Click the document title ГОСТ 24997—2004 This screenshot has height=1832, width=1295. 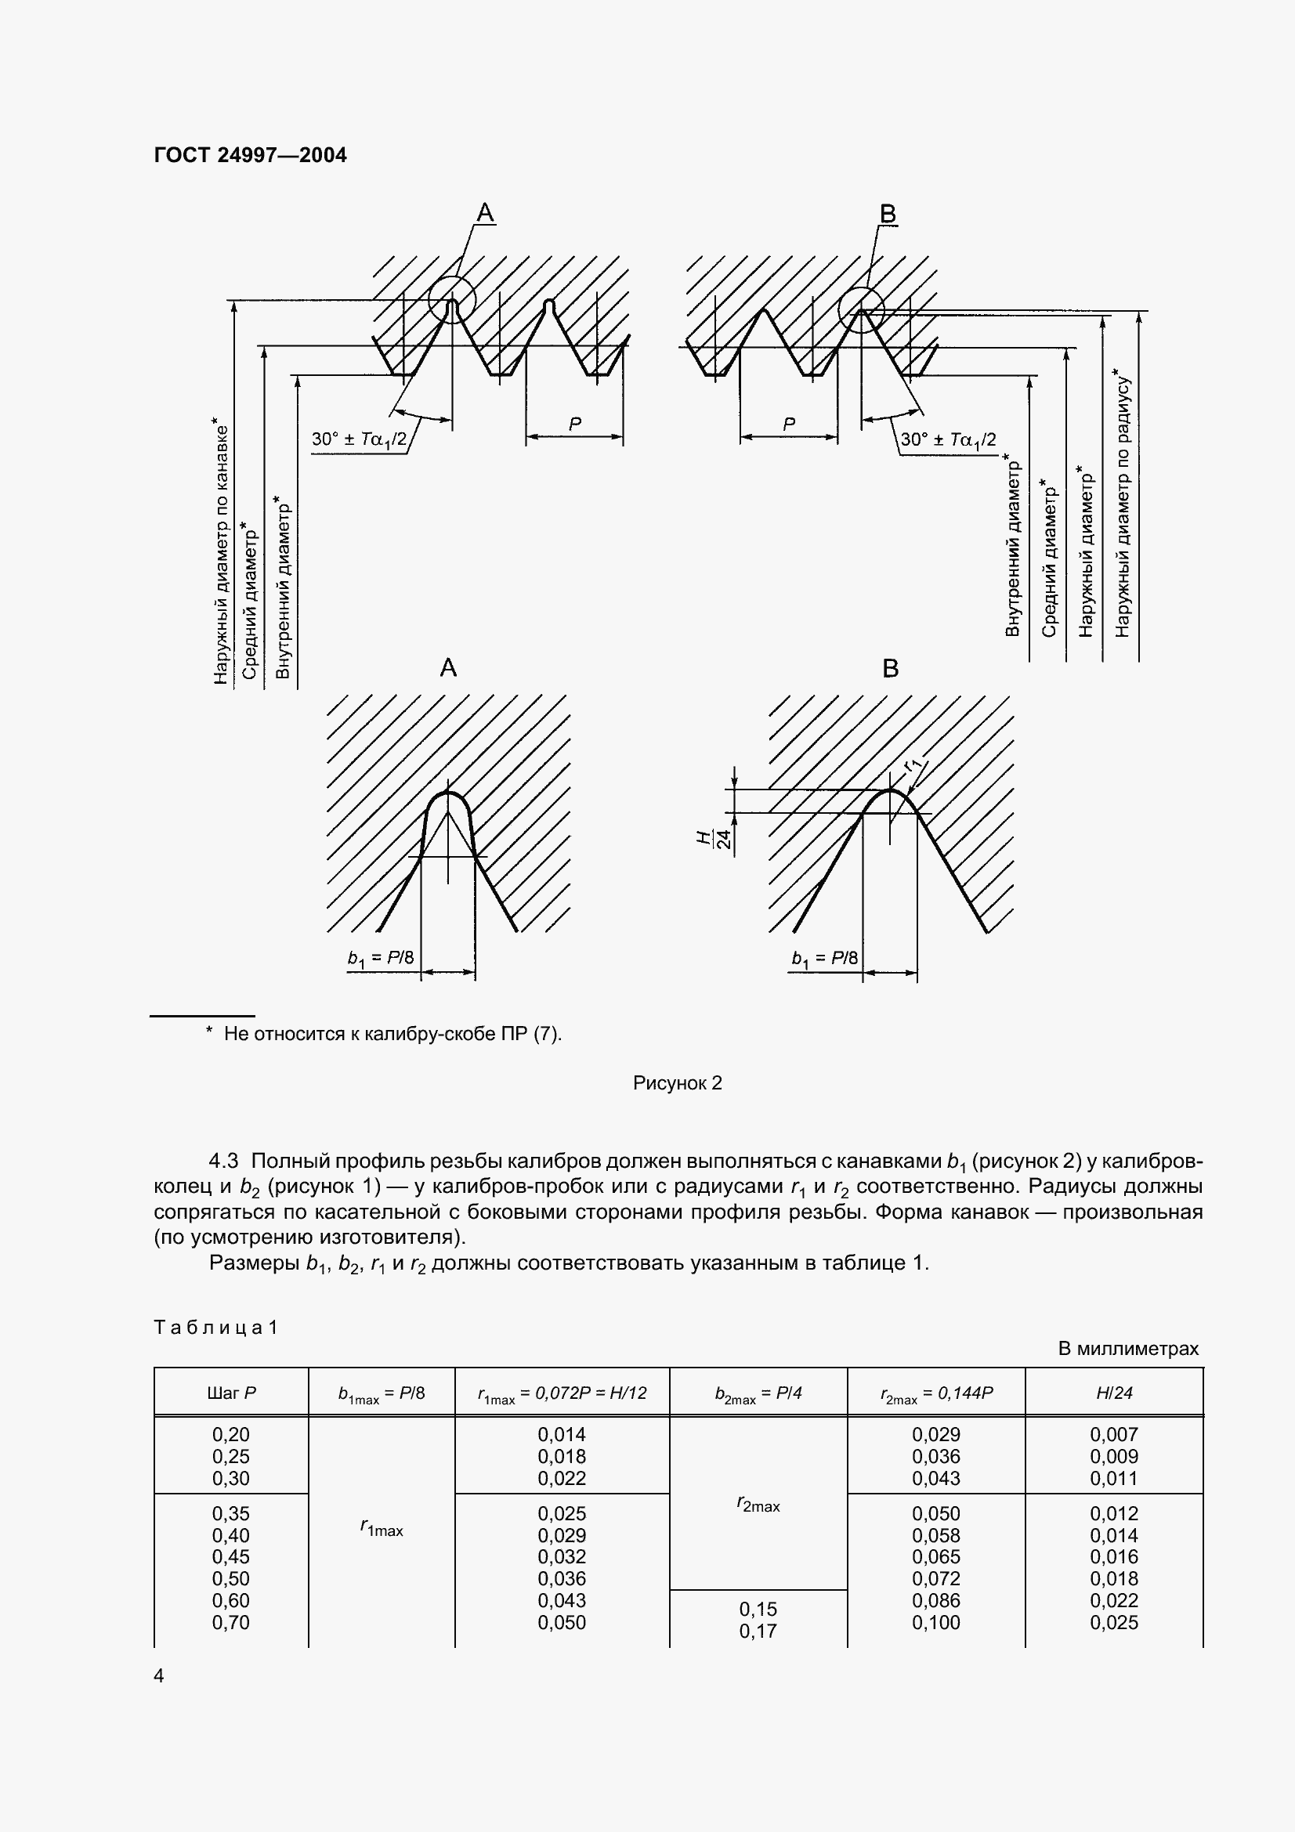pyautogui.click(x=250, y=155)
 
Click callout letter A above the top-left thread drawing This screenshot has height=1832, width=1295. pyautogui.click(x=485, y=213)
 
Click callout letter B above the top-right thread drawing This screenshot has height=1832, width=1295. pyautogui.click(x=888, y=214)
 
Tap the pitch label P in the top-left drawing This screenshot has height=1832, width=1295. pyautogui.click(x=574, y=425)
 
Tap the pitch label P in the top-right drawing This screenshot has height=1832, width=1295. pyautogui.click(x=788, y=425)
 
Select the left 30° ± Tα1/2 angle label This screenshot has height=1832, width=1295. pyautogui.click(x=359, y=439)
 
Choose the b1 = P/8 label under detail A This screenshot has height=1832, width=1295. pyautogui.click(x=381, y=957)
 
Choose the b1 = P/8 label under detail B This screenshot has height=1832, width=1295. pyautogui.click(x=824, y=958)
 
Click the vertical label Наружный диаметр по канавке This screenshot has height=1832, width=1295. pyautogui.click(x=221, y=551)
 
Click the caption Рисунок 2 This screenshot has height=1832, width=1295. pyautogui.click(x=677, y=1082)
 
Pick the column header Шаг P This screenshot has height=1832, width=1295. pyautogui.click(x=230, y=1393)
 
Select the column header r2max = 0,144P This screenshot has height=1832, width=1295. pyautogui.click(x=936, y=1393)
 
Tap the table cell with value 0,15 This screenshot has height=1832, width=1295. pyautogui.click(x=758, y=1610)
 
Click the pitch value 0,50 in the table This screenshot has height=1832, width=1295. pyautogui.click(x=230, y=1578)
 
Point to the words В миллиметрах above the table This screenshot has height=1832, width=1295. pyautogui.click(x=1127, y=1349)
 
